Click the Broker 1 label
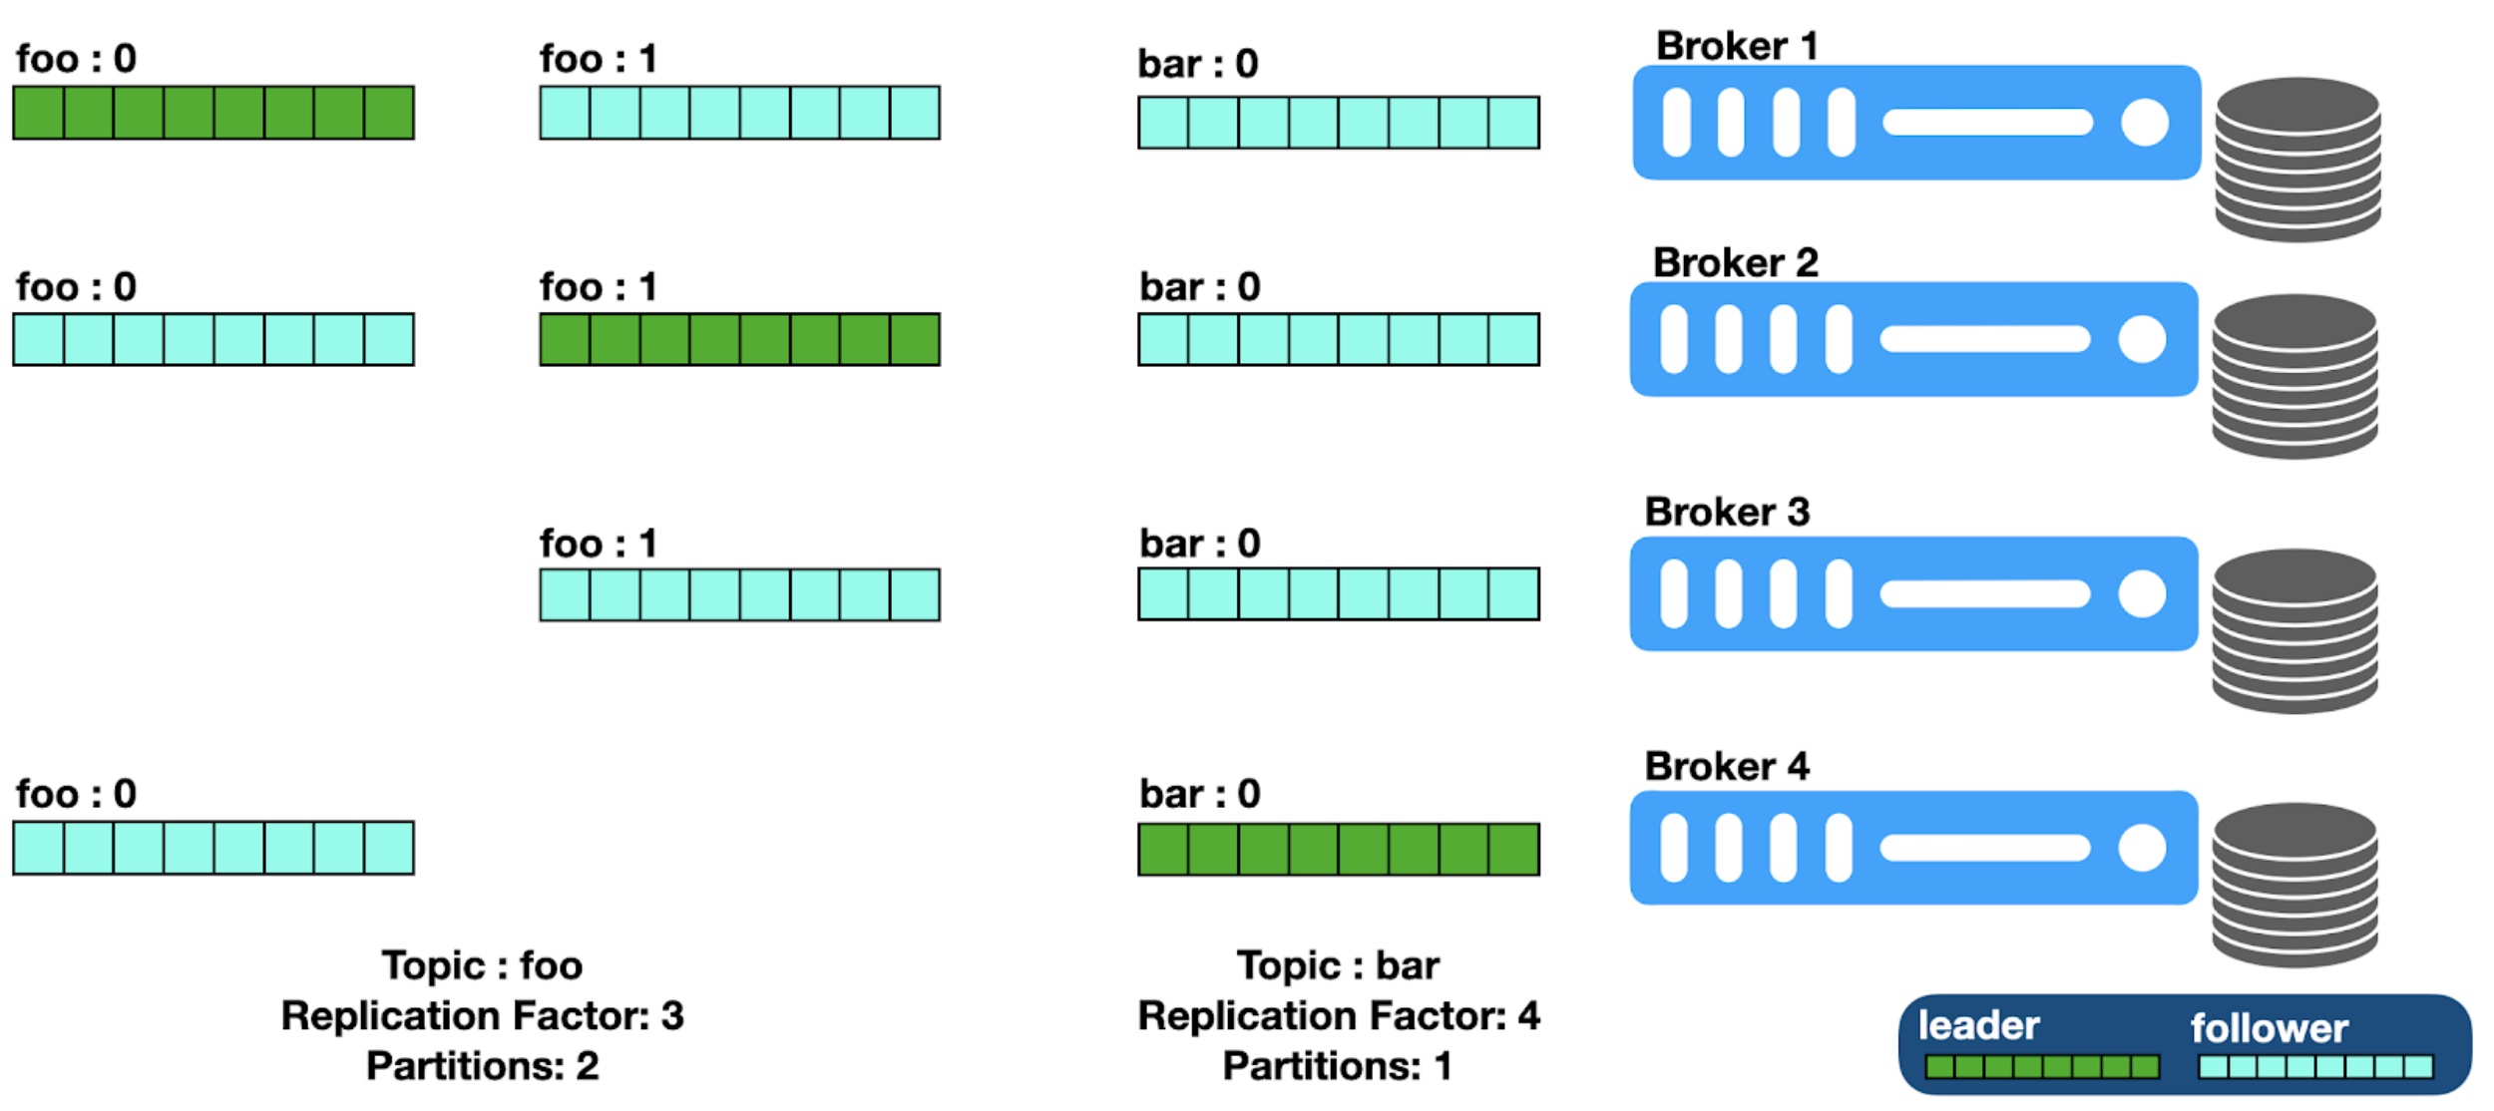pos(1737,46)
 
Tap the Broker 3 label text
pos(1727,512)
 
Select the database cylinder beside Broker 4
pos(2294,885)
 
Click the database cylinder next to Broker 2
pos(2294,376)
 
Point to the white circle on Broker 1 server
pos(2144,123)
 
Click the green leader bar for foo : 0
pos(213,113)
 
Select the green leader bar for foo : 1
pos(739,339)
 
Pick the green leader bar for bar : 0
pos(1338,849)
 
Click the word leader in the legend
pos(1978,1026)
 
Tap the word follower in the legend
pos(2269,1028)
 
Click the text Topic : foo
pos(482,965)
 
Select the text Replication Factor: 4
pos(1339,1015)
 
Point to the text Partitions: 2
pos(482,1065)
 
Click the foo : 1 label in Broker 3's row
pos(599,544)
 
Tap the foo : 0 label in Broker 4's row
pos(76,794)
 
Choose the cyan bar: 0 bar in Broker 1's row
pos(1338,123)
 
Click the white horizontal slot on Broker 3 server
pos(1984,594)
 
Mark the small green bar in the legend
pos(2042,1066)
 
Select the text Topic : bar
pos(1338,965)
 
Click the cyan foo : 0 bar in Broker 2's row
pos(213,339)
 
